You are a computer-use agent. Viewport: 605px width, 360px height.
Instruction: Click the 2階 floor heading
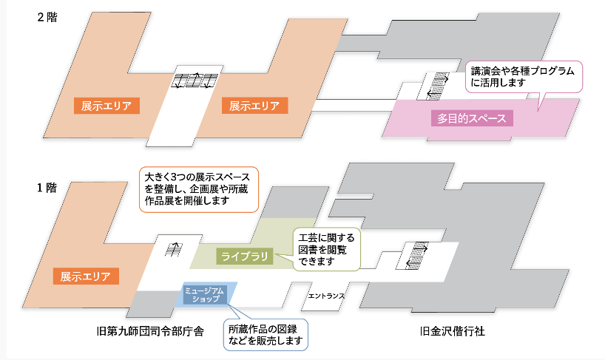point(47,18)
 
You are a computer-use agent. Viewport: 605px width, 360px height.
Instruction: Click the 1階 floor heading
point(47,187)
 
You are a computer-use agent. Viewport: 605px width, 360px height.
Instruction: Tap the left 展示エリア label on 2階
point(107,106)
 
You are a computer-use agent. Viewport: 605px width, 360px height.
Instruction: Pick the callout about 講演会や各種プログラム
point(524,77)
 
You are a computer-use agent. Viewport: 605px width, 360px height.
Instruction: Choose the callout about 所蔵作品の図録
point(265,335)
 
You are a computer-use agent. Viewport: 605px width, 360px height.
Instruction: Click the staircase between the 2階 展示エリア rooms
point(193,81)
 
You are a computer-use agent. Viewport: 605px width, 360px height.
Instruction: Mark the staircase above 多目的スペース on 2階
point(436,85)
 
